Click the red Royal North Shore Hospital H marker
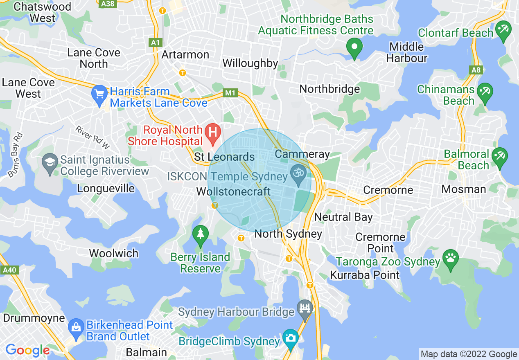tap(212, 133)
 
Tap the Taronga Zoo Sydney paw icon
tap(451, 258)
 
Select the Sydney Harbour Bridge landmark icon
tap(305, 308)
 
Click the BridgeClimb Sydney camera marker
tap(291, 338)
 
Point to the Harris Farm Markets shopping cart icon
tap(99, 94)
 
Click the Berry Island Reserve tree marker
tap(200, 234)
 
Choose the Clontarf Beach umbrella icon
tap(503, 30)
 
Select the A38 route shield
tap(107, 4)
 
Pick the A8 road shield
tap(476, 70)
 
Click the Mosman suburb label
tap(464, 189)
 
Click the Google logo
tap(27, 350)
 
